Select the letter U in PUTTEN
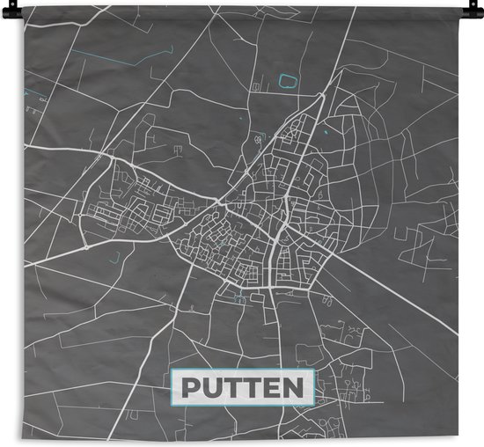[214, 388]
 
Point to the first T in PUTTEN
[233, 388]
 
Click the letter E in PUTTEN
[272, 388]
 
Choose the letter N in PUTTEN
[293, 388]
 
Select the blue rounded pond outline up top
[286, 81]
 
